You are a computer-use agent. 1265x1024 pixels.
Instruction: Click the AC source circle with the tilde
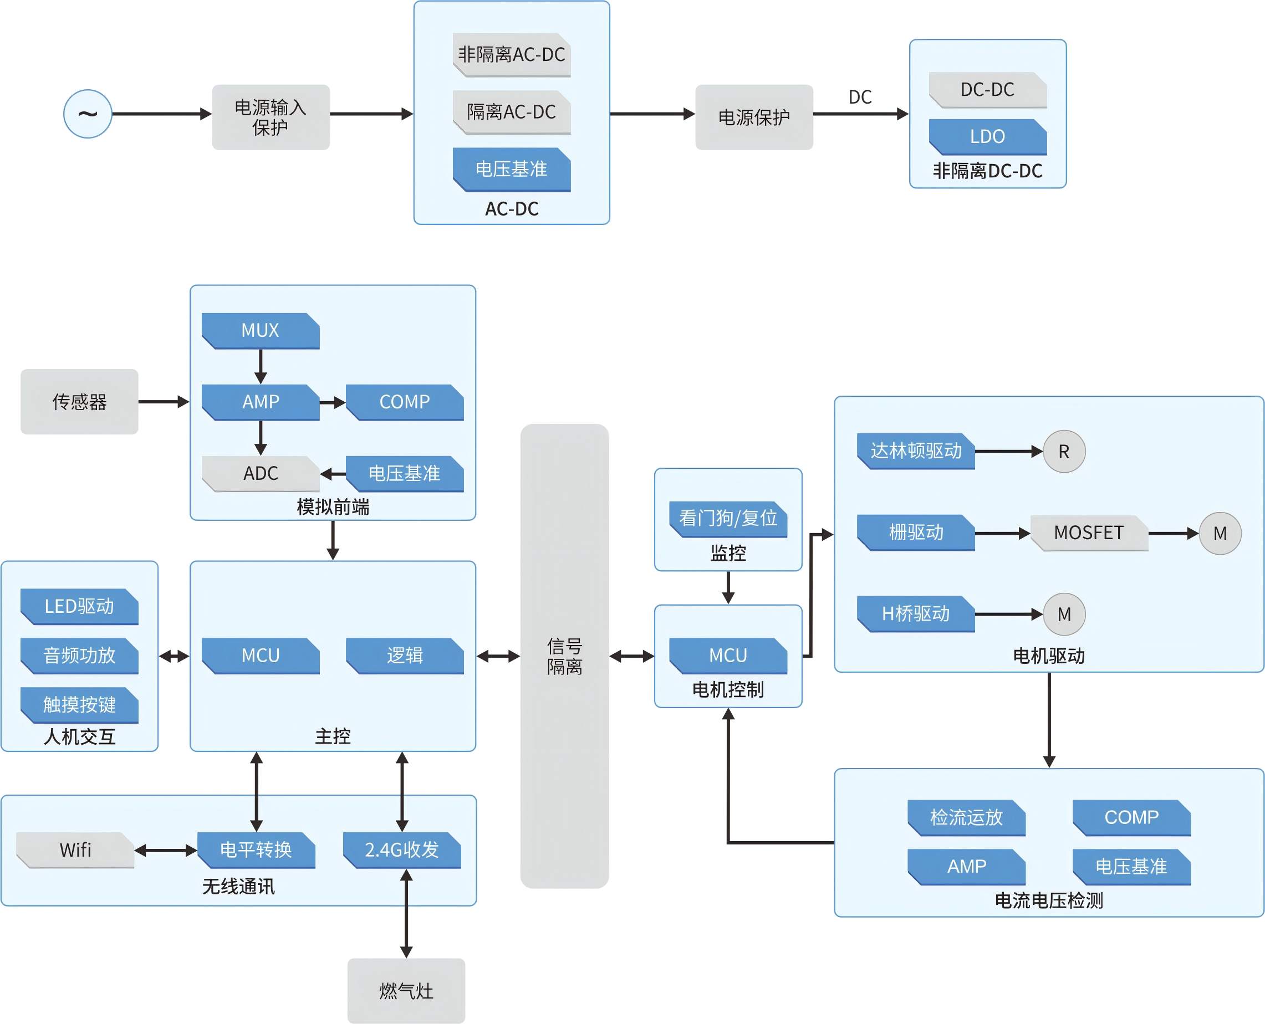(88, 114)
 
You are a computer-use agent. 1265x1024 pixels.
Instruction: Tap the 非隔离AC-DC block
(512, 54)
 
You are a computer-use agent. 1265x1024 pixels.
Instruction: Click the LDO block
(987, 136)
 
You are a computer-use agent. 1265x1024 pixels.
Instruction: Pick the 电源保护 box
(753, 117)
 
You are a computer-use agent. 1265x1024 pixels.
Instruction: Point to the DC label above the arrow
(860, 97)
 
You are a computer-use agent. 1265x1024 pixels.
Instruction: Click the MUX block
(260, 330)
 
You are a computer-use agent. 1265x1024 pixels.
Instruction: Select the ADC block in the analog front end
(260, 473)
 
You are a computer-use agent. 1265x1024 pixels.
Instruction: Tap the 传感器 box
(79, 402)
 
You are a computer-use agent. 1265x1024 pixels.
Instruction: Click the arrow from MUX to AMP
(260, 366)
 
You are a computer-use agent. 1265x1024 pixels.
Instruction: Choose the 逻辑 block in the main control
(404, 656)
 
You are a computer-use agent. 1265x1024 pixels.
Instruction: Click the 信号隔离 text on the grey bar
(564, 656)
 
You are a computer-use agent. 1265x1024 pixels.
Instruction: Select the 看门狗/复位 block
(727, 519)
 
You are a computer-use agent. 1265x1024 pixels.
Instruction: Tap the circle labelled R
(1064, 451)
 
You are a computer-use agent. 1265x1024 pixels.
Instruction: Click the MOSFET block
(1089, 533)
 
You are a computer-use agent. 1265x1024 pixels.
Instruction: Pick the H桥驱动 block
(916, 614)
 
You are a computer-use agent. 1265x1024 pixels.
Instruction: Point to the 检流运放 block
(966, 817)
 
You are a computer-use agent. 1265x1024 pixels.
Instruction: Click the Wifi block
(75, 850)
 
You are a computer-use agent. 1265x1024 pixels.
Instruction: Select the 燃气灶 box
(406, 990)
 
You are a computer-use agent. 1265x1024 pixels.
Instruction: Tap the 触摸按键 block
(79, 704)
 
